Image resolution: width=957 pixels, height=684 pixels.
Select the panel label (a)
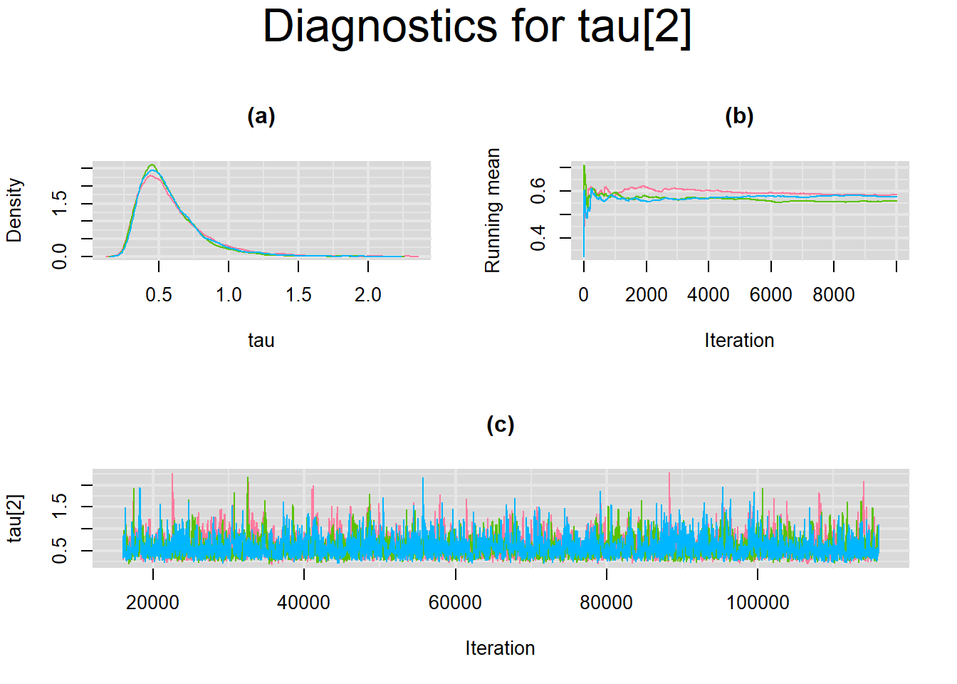click(x=261, y=116)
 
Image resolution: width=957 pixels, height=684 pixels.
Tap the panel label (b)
click(x=739, y=116)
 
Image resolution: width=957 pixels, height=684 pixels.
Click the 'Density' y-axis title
click(x=14, y=210)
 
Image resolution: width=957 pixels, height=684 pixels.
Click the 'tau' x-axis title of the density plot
click(x=261, y=341)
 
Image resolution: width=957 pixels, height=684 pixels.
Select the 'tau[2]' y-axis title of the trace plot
click(x=16, y=519)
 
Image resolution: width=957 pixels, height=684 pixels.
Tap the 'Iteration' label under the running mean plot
click(x=739, y=341)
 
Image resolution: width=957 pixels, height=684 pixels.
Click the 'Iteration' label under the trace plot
click(x=501, y=648)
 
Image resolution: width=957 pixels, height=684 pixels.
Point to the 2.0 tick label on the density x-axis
click(x=368, y=295)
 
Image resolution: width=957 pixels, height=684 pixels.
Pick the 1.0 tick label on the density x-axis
click(x=229, y=295)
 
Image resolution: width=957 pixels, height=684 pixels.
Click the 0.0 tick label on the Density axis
click(x=59, y=256)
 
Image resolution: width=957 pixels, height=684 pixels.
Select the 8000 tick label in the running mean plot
click(x=834, y=295)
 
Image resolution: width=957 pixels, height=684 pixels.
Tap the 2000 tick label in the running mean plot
click(x=647, y=295)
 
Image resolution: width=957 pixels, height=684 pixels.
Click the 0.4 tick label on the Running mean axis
click(x=538, y=238)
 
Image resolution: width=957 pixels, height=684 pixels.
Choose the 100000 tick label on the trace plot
click(x=758, y=603)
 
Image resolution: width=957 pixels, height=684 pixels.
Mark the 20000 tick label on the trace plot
click(x=153, y=603)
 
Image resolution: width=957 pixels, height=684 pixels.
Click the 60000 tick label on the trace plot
click(x=456, y=603)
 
